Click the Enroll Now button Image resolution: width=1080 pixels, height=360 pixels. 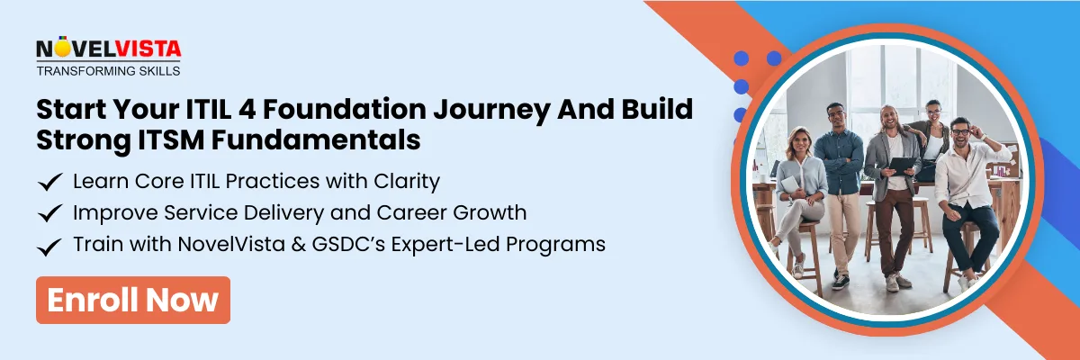pyautogui.click(x=133, y=300)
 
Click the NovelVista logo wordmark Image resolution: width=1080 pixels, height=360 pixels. pyautogui.click(x=108, y=49)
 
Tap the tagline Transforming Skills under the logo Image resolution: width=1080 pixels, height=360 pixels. pyautogui.click(x=108, y=70)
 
